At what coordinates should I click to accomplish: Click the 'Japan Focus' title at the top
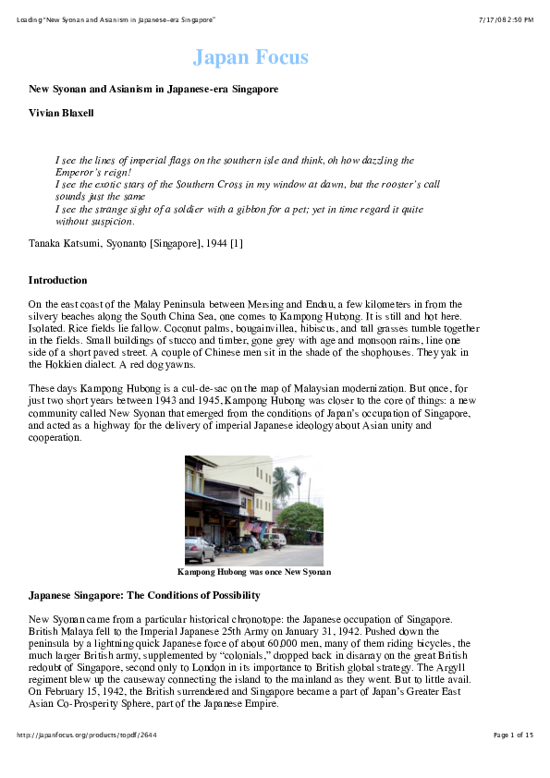[251, 57]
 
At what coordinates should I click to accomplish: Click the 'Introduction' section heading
[57, 280]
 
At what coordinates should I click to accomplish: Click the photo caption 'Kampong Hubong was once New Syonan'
[253, 572]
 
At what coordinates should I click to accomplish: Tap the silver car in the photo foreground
[199, 549]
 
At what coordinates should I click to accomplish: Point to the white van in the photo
[275, 539]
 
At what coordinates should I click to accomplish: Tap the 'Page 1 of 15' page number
[513, 735]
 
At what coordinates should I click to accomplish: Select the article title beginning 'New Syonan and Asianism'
[153, 89]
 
